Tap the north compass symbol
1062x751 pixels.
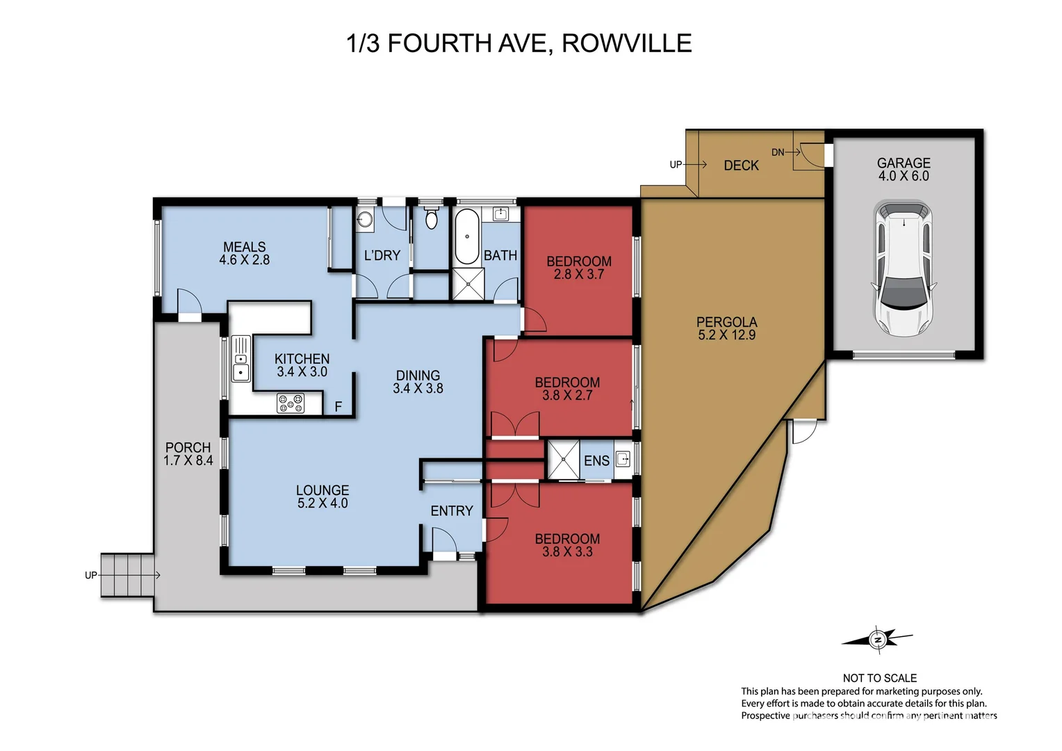pyautogui.click(x=878, y=639)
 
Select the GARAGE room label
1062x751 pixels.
pyautogui.click(x=903, y=163)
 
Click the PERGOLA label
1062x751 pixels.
pyautogui.click(x=726, y=322)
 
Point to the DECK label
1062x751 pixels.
pyautogui.click(x=741, y=165)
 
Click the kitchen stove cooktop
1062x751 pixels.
pyautogui.click(x=291, y=403)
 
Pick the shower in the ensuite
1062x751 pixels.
pyautogui.click(x=563, y=460)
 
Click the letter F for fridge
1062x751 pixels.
pyautogui.click(x=338, y=407)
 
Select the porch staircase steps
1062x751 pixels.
pyautogui.click(x=127, y=575)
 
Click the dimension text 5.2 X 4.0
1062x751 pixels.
pyautogui.click(x=322, y=503)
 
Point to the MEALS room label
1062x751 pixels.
pyautogui.click(x=244, y=247)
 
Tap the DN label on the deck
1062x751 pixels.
pyautogui.click(x=777, y=152)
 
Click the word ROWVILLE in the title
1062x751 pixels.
pyautogui.click(x=626, y=43)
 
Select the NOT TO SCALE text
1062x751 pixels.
pyautogui.click(x=879, y=678)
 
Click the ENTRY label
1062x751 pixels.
pyautogui.click(x=451, y=511)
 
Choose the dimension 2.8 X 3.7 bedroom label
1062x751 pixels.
pyautogui.click(x=578, y=275)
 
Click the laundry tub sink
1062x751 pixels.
pyautogui.click(x=366, y=220)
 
